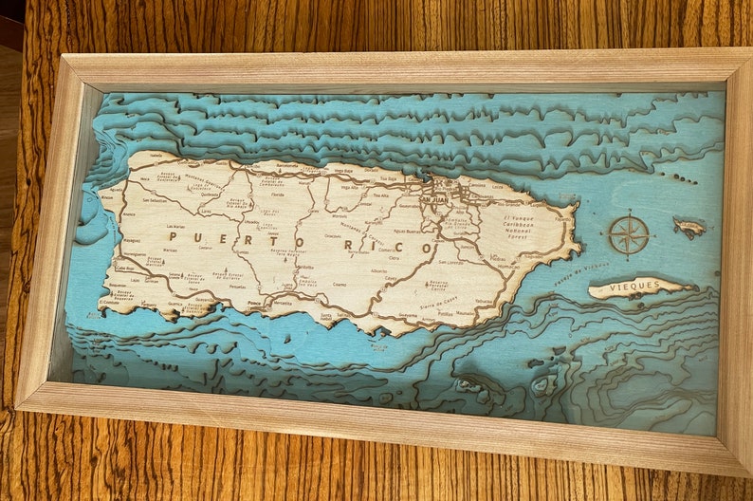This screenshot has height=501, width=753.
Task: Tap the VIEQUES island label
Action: coord(634,285)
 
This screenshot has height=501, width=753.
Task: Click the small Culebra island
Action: coord(689,227)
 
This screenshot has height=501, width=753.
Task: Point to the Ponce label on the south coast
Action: coord(253,305)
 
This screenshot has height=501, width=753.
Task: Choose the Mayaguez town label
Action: coord(134,254)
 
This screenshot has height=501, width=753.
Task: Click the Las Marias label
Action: coord(176,228)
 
